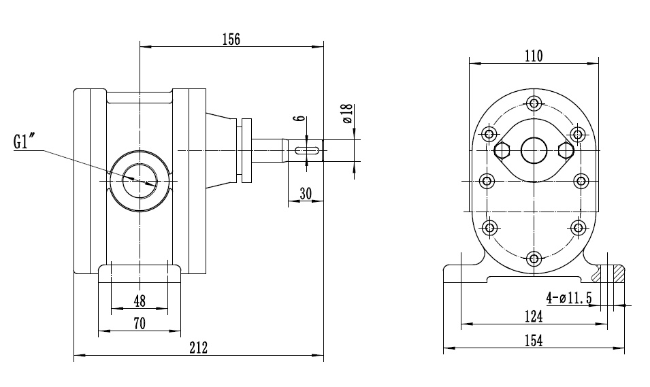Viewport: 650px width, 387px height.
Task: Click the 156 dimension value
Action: pyautogui.click(x=231, y=39)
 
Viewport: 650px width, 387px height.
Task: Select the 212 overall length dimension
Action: pyautogui.click(x=198, y=348)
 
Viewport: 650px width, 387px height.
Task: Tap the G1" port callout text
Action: pyautogui.click(x=29, y=143)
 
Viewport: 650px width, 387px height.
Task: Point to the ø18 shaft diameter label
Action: pyautogui.click(x=346, y=113)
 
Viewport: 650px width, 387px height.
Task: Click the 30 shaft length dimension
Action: pyautogui.click(x=306, y=193)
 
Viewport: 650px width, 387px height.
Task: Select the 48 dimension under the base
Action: pyautogui.click(x=140, y=300)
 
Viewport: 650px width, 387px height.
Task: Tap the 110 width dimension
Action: pyautogui.click(x=534, y=56)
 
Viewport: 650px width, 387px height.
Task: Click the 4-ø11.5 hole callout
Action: pyautogui.click(x=569, y=297)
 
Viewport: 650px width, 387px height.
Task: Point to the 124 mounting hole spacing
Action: pyautogui.click(x=534, y=316)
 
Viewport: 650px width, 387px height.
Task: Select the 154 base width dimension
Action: pyautogui.click(x=534, y=341)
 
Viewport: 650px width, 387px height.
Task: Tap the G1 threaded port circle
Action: pyautogui.click(x=140, y=180)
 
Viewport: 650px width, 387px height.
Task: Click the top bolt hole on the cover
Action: pyautogui.click(x=534, y=103)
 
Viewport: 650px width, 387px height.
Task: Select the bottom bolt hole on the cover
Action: pyautogui.click(x=534, y=258)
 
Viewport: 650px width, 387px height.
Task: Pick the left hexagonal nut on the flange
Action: pyautogui.click(x=504, y=150)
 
